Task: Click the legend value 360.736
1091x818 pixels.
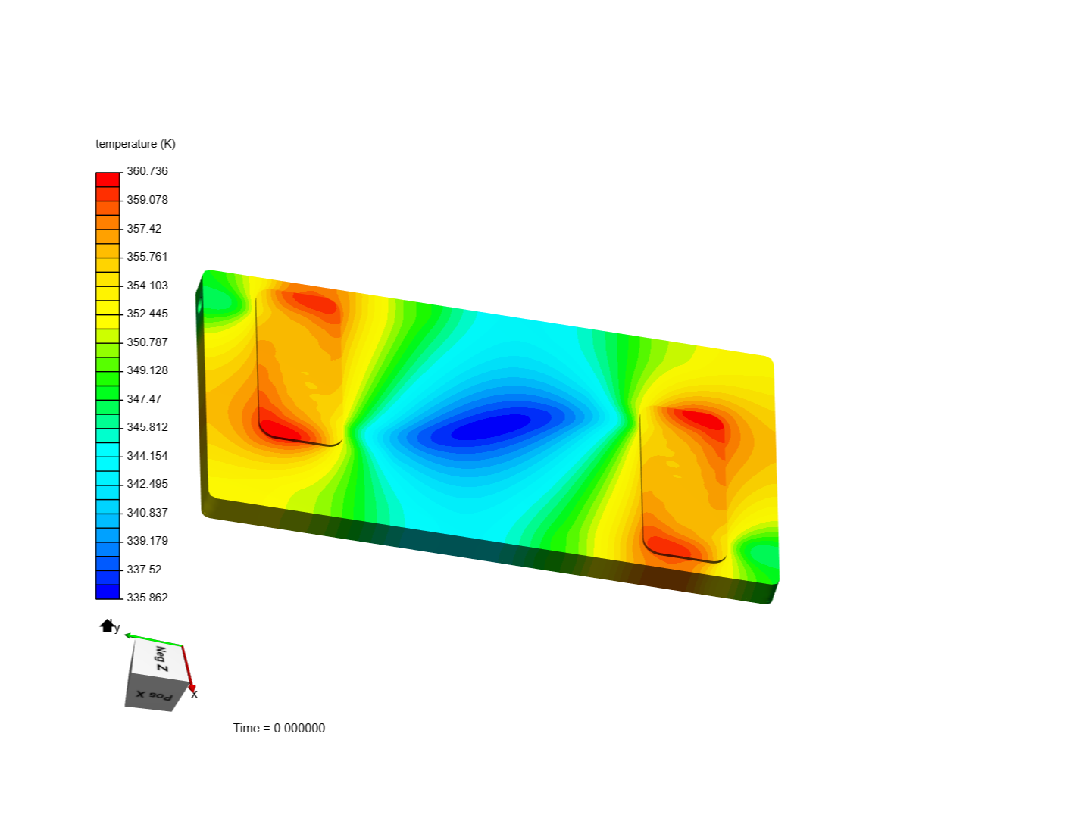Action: [x=147, y=171]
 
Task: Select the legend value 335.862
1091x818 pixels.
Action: [x=147, y=598]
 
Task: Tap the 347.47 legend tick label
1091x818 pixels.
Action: [x=144, y=398]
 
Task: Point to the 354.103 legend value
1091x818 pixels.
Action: [x=147, y=285]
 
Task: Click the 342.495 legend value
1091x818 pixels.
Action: [x=147, y=484]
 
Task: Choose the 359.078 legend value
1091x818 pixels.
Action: [x=147, y=200]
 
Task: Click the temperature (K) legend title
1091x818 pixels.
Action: [x=136, y=144]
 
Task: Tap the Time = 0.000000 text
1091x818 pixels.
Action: [x=279, y=728]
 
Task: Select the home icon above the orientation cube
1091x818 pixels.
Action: [x=107, y=626]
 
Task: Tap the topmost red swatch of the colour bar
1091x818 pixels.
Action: [x=108, y=180]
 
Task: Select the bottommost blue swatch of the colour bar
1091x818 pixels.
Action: [x=108, y=592]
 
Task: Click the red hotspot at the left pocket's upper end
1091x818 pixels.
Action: [x=314, y=302]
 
